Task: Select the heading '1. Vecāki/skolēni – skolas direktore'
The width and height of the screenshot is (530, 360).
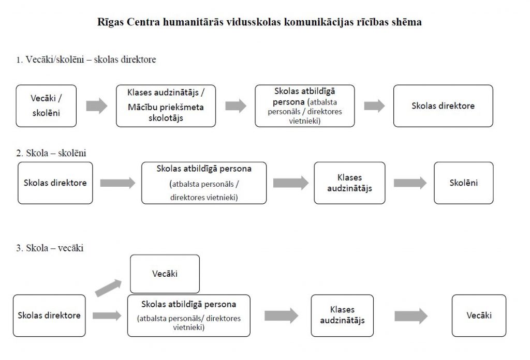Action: pyautogui.click(x=86, y=59)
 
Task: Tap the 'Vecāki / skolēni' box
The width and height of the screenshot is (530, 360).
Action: pyautogui.click(x=46, y=106)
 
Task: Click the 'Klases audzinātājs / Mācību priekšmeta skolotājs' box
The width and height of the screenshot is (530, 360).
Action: pyautogui.click(x=166, y=106)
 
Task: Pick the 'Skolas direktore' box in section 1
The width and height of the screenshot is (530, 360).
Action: pyautogui.click(x=443, y=106)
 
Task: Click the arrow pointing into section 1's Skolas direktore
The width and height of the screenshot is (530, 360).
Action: pyautogui.click(x=375, y=106)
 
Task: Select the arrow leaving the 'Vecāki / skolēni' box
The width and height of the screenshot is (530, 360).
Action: pyautogui.click(x=97, y=106)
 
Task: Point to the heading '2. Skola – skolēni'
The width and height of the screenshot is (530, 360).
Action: pyautogui.click(x=51, y=153)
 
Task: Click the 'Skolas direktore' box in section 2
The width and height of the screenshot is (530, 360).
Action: pyautogui.click(x=55, y=183)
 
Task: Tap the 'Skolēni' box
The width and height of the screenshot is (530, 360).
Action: pyautogui.click(x=464, y=183)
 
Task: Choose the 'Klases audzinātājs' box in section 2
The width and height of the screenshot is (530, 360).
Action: pyautogui.click(x=349, y=183)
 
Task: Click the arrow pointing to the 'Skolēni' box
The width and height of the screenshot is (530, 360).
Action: pyautogui.click(x=410, y=183)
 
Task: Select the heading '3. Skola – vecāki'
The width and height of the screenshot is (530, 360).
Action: pyautogui.click(x=50, y=248)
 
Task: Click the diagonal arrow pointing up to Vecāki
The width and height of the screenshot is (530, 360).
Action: pyautogui.click(x=108, y=288)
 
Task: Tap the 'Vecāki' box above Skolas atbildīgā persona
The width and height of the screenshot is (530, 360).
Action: pyautogui.click(x=165, y=274)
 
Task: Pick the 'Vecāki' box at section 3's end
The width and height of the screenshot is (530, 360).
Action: pyautogui.click(x=479, y=316)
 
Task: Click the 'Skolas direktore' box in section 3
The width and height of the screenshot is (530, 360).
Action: pyautogui.click(x=49, y=316)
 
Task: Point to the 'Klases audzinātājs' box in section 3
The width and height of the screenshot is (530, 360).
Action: pyautogui.click(x=343, y=316)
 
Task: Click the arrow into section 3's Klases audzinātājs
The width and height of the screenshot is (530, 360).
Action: pyautogui.click(x=281, y=316)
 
